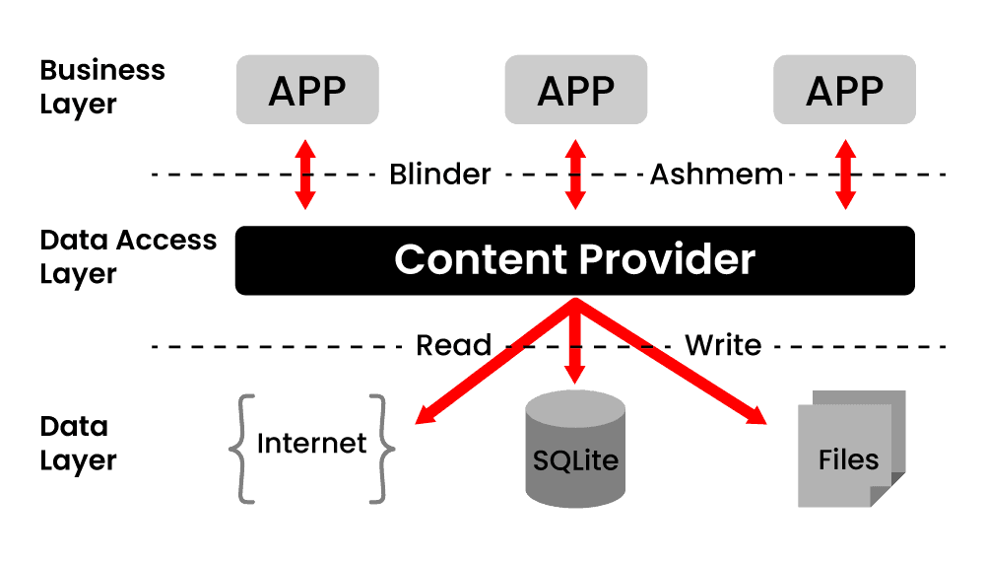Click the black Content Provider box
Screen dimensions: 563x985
click(x=574, y=260)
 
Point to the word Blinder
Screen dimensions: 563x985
click(x=440, y=175)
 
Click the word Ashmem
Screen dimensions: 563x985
click(x=716, y=175)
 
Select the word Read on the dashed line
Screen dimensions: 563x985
click(x=453, y=345)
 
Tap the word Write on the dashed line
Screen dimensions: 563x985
click(x=723, y=345)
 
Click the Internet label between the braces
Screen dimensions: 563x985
click(x=310, y=444)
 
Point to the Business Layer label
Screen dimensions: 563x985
click(x=101, y=87)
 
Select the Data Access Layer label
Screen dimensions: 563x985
click(x=127, y=256)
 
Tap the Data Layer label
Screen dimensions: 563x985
click(x=78, y=444)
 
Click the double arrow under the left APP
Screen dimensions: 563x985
click(x=306, y=175)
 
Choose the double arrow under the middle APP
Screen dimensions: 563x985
click(x=576, y=175)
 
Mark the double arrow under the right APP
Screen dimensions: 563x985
click(x=845, y=175)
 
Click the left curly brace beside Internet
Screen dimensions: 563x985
click(x=243, y=449)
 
